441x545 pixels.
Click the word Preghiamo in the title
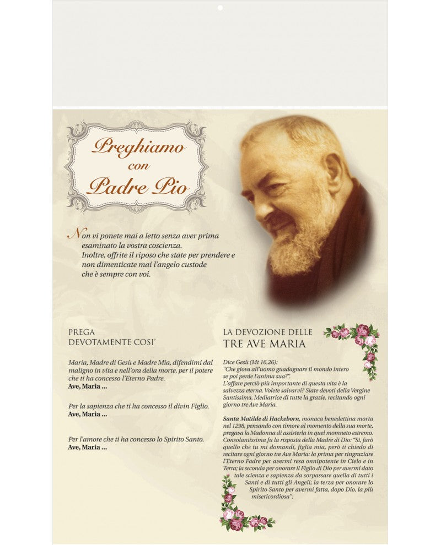point(138,147)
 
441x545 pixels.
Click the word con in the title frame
point(138,166)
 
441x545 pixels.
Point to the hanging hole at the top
point(219,8)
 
